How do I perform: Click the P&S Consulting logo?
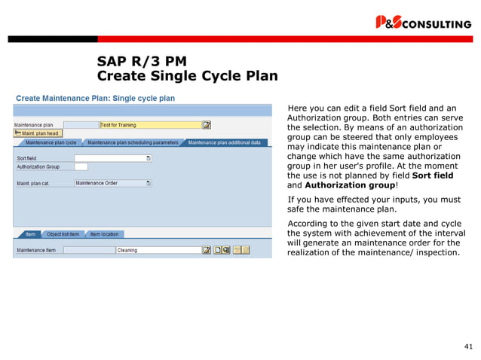(x=423, y=23)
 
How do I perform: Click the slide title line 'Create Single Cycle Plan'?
(x=188, y=76)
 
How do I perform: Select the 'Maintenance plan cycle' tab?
(x=51, y=142)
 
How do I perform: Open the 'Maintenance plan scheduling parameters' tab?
(x=133, y=142)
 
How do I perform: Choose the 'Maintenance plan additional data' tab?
(x=224, y=142)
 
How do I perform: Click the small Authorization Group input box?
(x=81, y=166)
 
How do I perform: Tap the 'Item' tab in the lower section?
(x=30, y=234)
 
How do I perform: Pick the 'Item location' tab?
(x=104, y=234)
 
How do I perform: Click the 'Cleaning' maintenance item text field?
(x=157, y=250)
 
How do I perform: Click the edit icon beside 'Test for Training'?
(x=207, y=124)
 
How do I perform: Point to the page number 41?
(x=467, y=346)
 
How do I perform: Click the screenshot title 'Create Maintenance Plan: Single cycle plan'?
(x=95, y=98)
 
